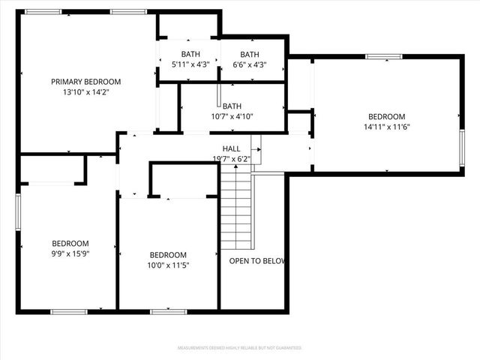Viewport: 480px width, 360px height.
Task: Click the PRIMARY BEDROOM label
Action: click(x=85, y=82)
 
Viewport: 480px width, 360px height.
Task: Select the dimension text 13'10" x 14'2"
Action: click(x=85, y=92)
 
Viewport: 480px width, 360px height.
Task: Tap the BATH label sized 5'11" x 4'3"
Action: click(x=190, y=54)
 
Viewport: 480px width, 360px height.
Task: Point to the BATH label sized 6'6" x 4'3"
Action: click(x=250, y=54)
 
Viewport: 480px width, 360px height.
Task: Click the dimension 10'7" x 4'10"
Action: click(x=232, y=116)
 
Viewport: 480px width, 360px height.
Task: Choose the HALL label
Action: click(x=231, y=148)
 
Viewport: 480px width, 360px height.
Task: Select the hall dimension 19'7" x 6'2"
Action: click(x=231, y=158)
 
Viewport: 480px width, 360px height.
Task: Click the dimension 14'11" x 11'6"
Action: click(x=386, y=127)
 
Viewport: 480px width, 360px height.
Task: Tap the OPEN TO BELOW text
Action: click(x=257, y=261)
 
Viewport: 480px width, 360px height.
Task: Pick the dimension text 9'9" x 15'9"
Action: click(x=70, y=253)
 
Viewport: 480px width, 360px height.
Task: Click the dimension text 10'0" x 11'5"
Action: click(x=168, y=265)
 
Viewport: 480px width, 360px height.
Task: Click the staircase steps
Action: click(x=235, y=210)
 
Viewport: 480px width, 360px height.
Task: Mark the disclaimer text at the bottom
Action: click(x=239, y=348)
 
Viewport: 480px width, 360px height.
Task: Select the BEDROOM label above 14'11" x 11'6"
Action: click(x=386, y=116)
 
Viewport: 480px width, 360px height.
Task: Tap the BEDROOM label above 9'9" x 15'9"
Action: click(x=70, y=243)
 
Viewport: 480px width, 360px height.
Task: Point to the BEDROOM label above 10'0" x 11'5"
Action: click(x=168, y=254)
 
